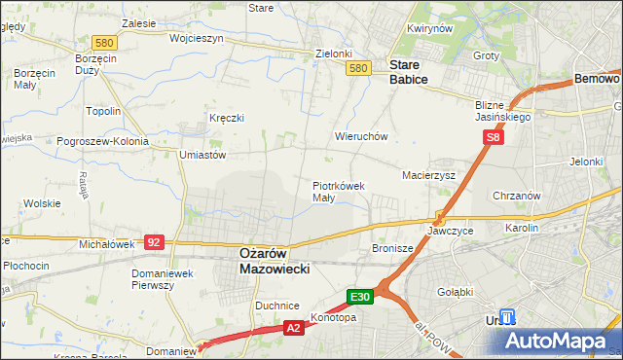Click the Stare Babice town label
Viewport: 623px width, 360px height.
409,72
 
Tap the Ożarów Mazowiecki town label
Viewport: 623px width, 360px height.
275,260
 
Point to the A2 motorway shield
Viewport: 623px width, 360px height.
294,329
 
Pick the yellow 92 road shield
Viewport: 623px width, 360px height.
153,240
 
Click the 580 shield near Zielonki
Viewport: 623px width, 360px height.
358,68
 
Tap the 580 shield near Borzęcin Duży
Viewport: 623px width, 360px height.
105,43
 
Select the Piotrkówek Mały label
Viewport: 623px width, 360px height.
338,191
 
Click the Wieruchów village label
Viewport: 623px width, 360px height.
361,137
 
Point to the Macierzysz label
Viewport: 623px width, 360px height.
429,175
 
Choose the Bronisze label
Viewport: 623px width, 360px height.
392,249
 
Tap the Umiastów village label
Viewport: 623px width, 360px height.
202,155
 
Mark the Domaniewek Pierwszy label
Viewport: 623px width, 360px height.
165,279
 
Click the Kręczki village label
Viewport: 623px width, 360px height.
226,118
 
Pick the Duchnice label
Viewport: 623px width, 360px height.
276,306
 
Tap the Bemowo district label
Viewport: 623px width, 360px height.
597,78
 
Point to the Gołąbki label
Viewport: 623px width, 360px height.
455,291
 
